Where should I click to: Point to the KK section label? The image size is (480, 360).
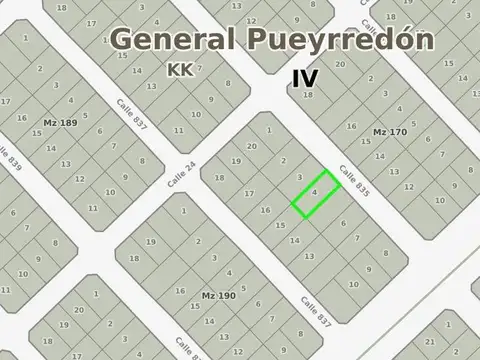181,70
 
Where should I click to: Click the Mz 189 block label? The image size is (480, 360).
60,122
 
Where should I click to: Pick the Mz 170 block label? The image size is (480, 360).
391,131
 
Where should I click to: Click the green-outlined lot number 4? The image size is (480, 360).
315,191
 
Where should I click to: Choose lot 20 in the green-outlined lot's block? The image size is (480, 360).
252,146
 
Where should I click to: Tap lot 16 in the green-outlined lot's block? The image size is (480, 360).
265,210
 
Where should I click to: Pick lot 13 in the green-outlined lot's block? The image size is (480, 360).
309,256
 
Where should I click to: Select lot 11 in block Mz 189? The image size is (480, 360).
92,207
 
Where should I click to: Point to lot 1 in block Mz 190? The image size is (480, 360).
184,211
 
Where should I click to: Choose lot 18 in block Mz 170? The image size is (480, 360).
307,95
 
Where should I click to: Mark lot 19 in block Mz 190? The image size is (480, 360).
150,242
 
